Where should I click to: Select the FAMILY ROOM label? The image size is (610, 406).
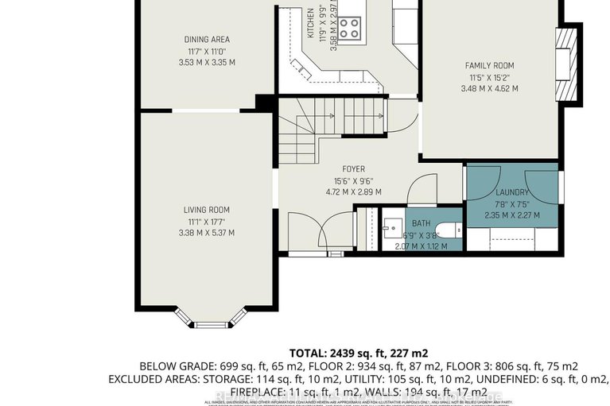pos(489,65)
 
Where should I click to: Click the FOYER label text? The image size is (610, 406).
pos(354,169)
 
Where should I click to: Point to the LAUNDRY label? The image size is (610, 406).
pos(511,192)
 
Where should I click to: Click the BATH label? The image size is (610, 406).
pos(421,223)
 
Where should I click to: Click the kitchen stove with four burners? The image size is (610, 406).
pos(349,28)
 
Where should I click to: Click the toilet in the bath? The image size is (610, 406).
pos(450,231)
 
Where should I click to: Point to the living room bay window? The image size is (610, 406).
pos(211,319)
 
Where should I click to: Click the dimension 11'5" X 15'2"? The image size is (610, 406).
pos(489,77)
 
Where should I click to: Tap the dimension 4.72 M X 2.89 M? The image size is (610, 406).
pos(354,191)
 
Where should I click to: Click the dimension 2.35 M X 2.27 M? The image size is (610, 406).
pos(511,215)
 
